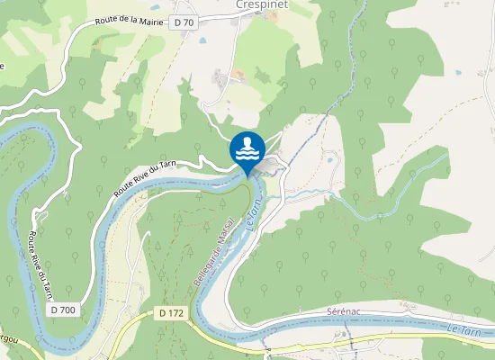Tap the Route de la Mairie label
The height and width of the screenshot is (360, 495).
point(130,20)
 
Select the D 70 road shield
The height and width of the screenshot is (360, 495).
point(184,21)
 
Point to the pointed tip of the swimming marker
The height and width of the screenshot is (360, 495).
point(247,175)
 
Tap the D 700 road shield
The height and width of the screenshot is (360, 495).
point(64,309)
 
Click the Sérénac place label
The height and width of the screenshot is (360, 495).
point(343,310)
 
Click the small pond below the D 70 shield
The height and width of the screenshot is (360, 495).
point(200,42)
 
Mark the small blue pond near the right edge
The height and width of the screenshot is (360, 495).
point(460,72)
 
